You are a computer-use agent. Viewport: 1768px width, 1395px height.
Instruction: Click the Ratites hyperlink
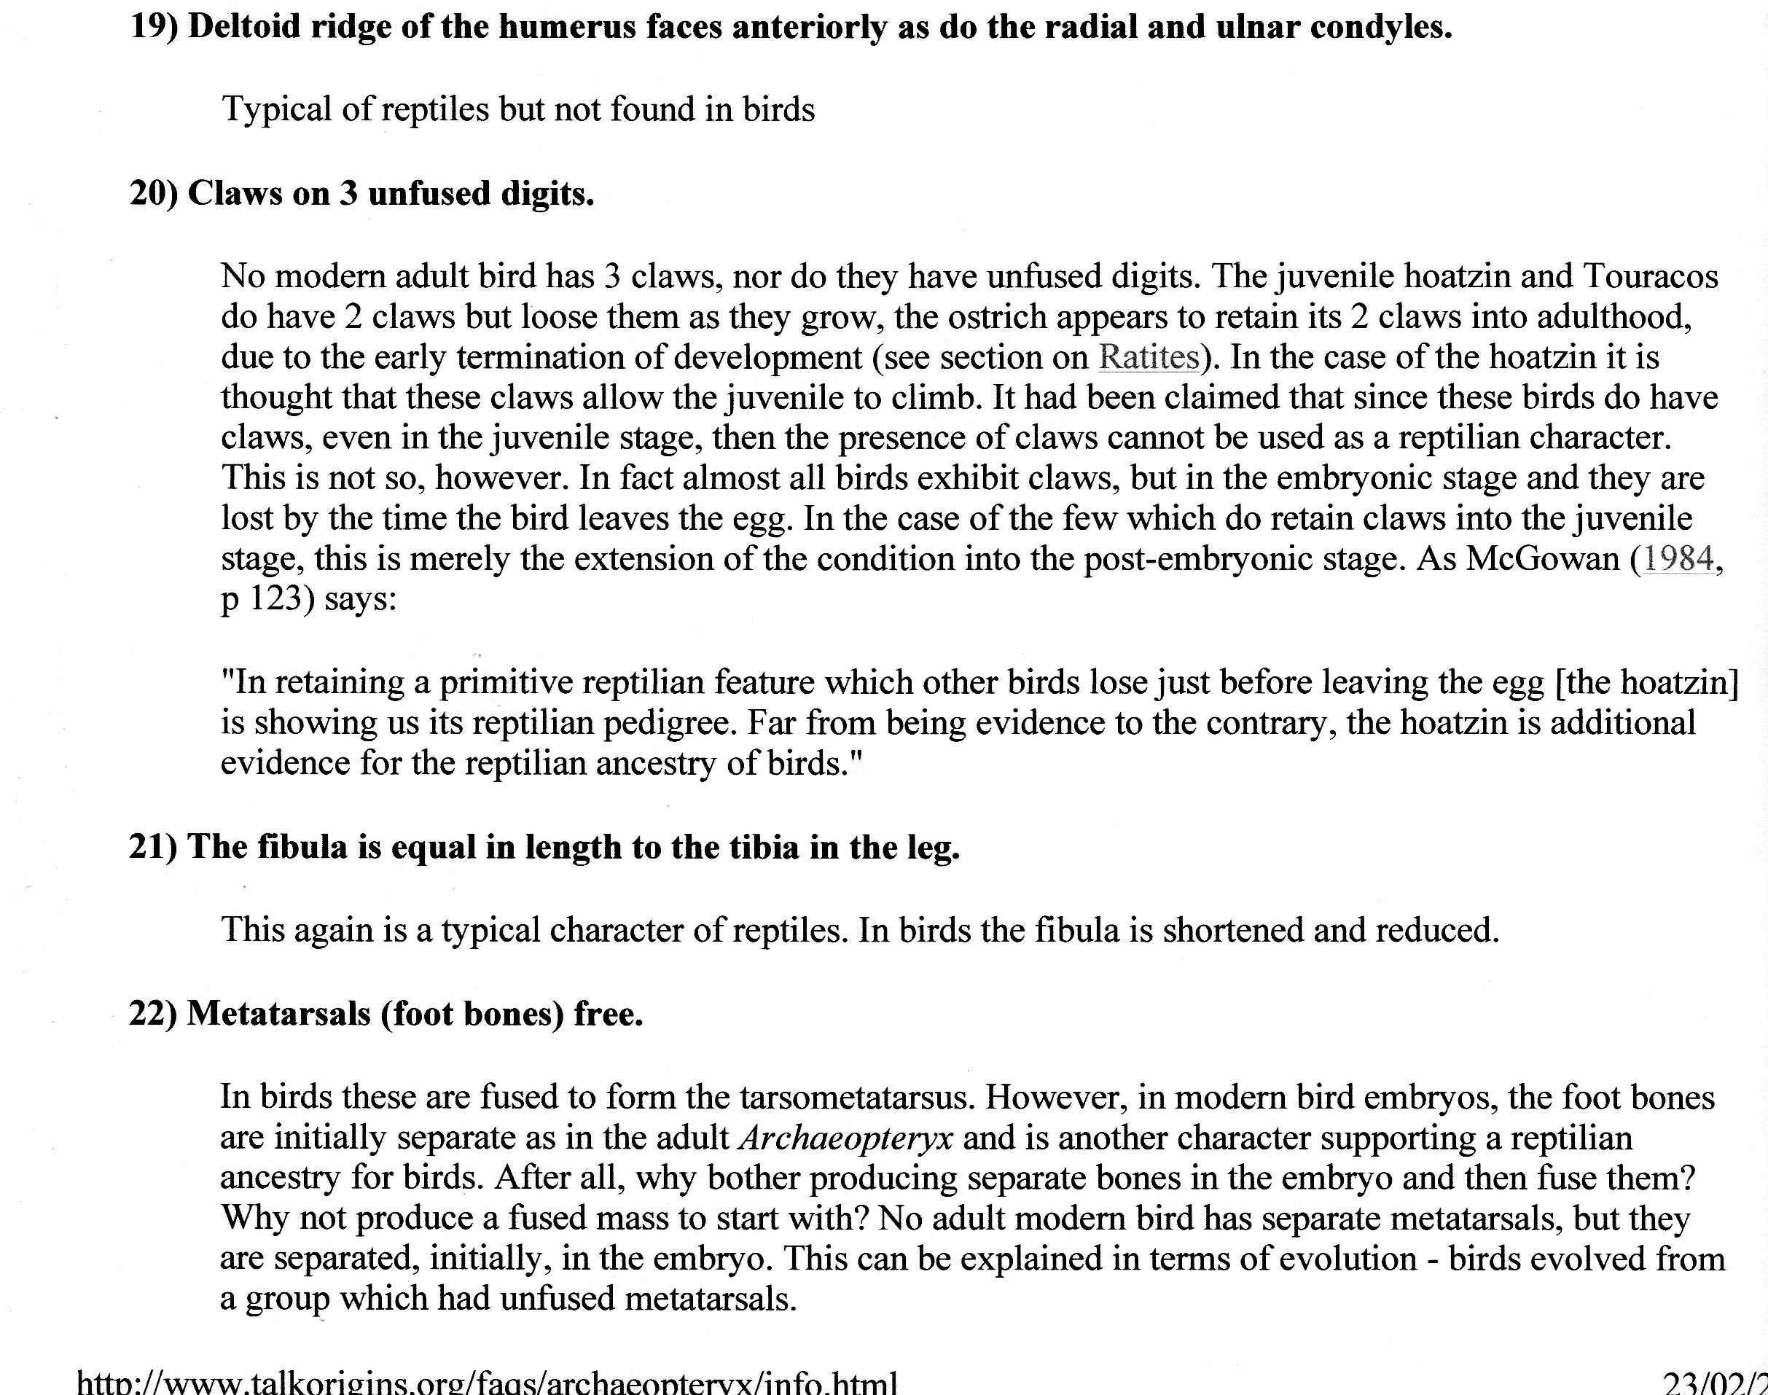(1148, 358)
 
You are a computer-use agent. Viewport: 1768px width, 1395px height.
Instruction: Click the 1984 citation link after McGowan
(1678, 560)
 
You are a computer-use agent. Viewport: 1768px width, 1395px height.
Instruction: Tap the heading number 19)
(154, 28)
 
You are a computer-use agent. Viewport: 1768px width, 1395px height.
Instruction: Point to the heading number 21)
(154, 848)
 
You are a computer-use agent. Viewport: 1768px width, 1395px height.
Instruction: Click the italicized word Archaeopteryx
(845, 1138)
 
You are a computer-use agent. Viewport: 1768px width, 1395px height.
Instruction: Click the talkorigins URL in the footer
(487, 1383)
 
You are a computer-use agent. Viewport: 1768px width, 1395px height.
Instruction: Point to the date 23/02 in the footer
(1711, 1383)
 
